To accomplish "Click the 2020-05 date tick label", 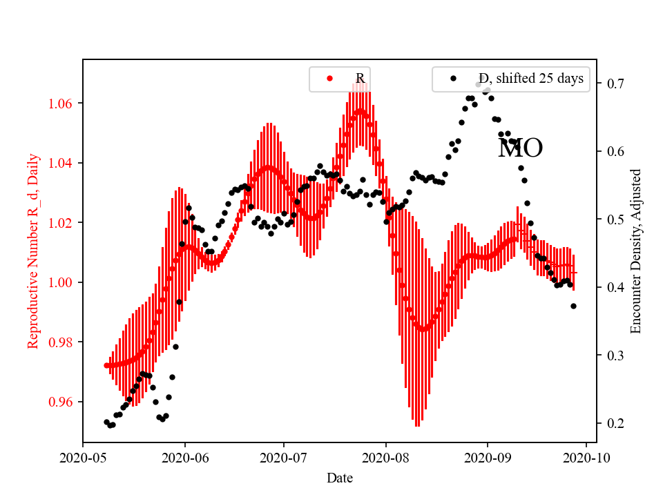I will tap(83, 457).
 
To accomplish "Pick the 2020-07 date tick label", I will tap(285, 457).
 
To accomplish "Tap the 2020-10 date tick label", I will tap(587, 457).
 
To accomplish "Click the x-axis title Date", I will tap(340, 478).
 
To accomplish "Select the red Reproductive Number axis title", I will tap(33, 251).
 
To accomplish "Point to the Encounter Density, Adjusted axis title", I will tap(636, 251).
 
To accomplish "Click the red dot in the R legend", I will tap(329, 79).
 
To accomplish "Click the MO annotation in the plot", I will tap(520, 148).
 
